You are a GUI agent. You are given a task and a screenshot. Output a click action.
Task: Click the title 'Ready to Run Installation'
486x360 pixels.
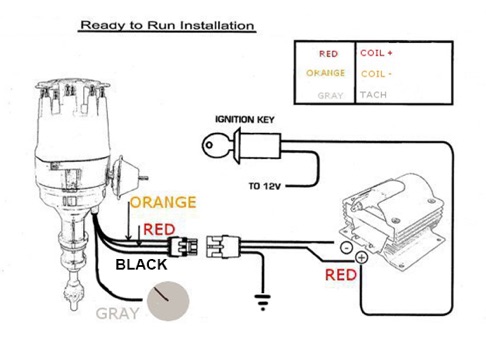coord(167,25)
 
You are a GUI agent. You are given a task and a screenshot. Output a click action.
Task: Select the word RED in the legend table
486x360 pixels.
coord(328,54)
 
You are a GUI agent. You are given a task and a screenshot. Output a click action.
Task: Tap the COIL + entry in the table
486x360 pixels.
coord(376,53)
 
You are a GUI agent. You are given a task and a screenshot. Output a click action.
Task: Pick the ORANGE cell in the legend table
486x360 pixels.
coord(325,73)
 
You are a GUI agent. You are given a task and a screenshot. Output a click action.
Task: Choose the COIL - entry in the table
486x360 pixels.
coord(376,74)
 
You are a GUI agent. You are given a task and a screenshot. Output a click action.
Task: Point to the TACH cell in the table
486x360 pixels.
coord(373,95)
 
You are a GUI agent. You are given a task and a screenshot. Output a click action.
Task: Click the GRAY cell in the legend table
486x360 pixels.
coord(330,96)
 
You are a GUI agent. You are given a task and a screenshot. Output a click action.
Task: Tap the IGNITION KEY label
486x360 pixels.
coord(245,119)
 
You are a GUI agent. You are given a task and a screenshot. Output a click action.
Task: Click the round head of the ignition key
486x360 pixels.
coord(210,145)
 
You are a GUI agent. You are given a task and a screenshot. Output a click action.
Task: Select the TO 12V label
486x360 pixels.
coord(264,186)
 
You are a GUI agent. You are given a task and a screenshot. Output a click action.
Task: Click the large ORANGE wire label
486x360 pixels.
coord(163,202)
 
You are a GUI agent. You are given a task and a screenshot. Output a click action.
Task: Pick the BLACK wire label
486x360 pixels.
coord(141,265)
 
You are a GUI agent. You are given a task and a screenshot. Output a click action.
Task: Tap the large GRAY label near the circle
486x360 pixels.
coord(117,313)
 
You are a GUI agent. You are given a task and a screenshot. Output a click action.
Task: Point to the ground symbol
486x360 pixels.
coord(263,302)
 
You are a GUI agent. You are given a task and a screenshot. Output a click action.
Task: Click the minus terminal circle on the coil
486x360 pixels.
coord(346,248)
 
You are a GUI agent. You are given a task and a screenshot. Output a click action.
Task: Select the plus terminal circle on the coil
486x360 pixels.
coord(361,257)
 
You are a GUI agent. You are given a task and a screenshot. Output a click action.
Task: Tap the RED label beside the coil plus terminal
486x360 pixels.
coord(341,275)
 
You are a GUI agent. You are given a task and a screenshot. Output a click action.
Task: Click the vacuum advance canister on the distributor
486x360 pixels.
coord(126,177)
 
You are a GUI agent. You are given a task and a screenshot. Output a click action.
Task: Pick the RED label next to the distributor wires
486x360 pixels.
coord(159,230)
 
